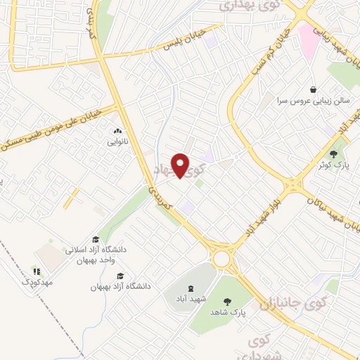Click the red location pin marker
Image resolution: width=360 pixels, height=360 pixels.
tap(181, 165)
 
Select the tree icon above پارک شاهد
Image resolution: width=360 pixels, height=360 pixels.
tap(227, 302)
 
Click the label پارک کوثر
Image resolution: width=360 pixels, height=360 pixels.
tap(340, 165)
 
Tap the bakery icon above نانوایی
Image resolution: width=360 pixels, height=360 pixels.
tap(117, 131)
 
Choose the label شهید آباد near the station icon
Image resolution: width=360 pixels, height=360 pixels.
tap(190, 299)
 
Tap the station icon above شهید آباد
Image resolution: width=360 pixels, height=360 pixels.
tap(190, 288)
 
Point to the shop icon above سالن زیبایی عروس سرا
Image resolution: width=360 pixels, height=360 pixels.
tap(313, 90)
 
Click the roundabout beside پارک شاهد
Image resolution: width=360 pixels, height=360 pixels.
tap(223, 258)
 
